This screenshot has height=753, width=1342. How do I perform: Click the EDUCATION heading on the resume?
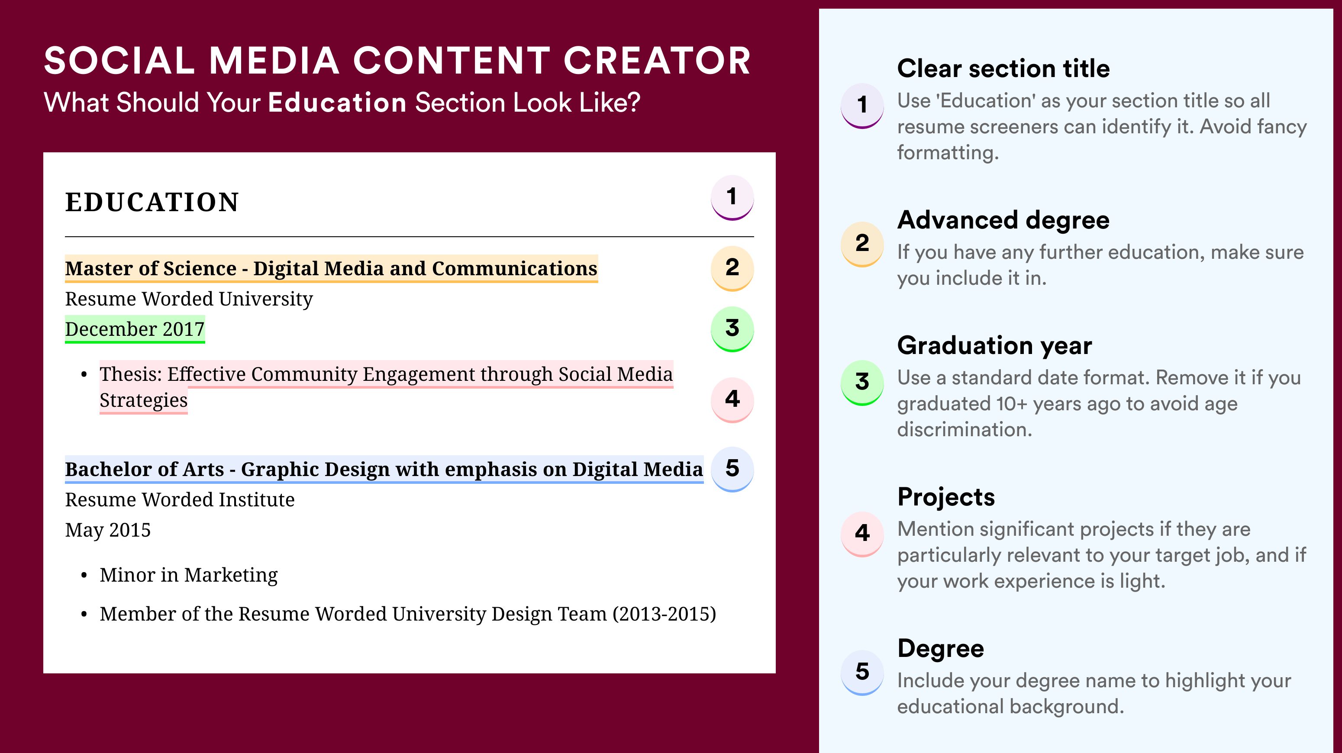pyautogui.click(x=152, y=202)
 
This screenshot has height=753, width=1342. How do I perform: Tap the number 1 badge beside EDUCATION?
pyautogui.click(x=732, y=197)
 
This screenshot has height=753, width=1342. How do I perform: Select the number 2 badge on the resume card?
pyautogui.click(x=732, y=268)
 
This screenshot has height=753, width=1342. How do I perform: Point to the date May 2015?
pyautogui.click(x=108, y=530)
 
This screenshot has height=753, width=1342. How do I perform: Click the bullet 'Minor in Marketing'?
pyautogui.click(x=189, y=575)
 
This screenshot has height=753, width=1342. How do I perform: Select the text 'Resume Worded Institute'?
pyautogui.click(x=180, y=499)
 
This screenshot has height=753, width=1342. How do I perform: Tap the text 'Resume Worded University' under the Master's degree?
pyautogui.click(x=189, y=299)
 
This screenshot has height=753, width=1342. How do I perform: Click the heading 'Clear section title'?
pyautogui.click(x=1003, y=68)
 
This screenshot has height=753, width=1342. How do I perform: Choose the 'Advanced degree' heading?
pyautogui.click(x=1003, y=220)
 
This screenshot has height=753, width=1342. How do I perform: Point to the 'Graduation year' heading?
pyautogui.click(x=994, y=346)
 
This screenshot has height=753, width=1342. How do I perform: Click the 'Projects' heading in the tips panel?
pyautogui.click(x=946, y=497)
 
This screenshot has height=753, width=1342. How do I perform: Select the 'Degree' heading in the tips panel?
pyautogui.click(x=941, y=649)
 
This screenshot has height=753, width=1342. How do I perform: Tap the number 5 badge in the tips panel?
pyautogui.click(x=862, y=672)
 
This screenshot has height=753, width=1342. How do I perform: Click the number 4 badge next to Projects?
pyautogui.click(x=862, y=534)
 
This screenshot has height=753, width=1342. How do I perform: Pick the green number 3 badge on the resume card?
pyautogui.click(x=732, y=328)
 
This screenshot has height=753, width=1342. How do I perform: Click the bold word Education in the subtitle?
pyautogui.click(x=337, y=102)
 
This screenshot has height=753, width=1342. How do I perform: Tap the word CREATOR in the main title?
pyautogui.click(x=657, y=61)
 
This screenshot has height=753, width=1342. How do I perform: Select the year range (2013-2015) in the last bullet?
pyautogui.click(x=664, y=614)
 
